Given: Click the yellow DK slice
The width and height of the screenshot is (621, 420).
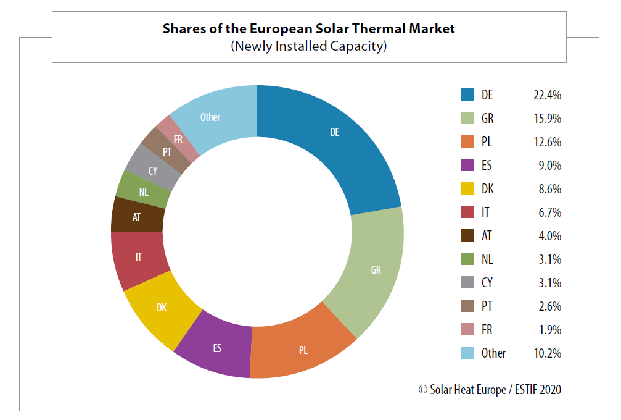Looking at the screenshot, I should [x=162, y=307].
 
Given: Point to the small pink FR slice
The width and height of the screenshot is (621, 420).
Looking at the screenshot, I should [x=178, y=140].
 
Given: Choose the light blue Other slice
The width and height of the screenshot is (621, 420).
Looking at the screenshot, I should [x=210, y=117].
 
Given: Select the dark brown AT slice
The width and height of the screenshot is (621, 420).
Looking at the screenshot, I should [x=136, y=217].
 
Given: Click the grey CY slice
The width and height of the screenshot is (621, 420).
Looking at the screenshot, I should [x=153, y=170].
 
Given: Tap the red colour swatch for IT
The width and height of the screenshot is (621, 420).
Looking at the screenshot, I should [x=467, y=212].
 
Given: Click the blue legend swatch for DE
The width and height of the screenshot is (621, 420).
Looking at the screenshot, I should [x=467, y=95].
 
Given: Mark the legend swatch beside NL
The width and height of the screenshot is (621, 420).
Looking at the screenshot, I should [x=467, y=259].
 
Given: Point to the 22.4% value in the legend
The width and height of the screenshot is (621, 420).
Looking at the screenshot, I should [x=547, y=95].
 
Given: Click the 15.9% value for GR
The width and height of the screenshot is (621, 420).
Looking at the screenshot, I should [x=547, y=119].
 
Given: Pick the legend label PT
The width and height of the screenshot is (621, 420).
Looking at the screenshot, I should [x=487, y=306].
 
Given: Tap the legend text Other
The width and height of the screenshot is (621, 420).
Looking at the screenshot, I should [x=493, y=353].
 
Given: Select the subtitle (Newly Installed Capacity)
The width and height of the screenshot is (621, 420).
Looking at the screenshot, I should [x=308, y=46].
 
